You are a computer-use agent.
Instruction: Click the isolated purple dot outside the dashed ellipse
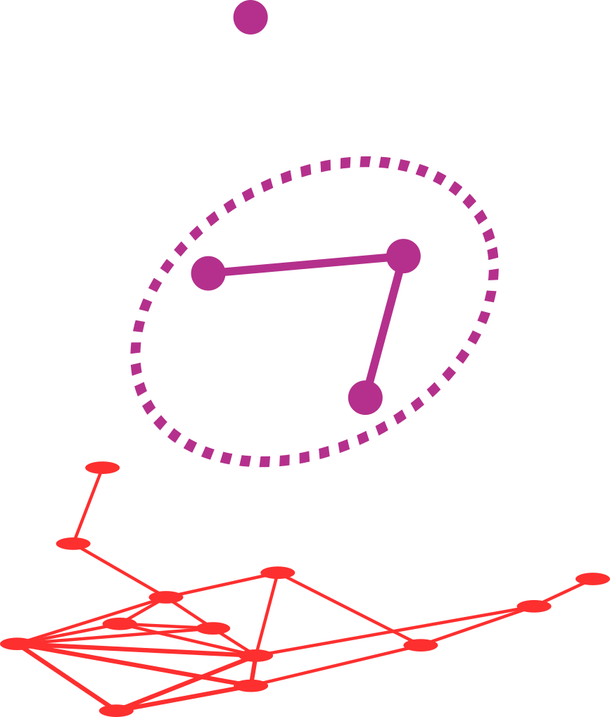[x=250, y=17]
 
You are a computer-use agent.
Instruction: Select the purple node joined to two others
[x=403, y=256]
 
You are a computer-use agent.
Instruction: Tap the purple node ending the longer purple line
[x=208, y=273]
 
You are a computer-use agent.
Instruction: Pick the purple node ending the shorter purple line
[x=365, y=398]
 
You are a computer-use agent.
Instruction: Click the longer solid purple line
[x=305, y=264]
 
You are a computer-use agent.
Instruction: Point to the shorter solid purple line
[x=384, y=327]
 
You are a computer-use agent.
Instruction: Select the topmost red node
[x=103, y=468]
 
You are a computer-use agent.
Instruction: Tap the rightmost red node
[x=592, y=579]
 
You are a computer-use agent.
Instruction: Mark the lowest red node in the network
[x=116, y=710]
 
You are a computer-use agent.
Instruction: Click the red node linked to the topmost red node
[x=73, y=544]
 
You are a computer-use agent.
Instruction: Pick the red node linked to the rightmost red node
[x=533, y=606]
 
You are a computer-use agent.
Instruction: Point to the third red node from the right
[x=421, y=645]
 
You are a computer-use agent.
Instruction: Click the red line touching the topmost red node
[x=88, y=506]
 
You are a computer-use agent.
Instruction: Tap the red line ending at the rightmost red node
[x=563, y=592]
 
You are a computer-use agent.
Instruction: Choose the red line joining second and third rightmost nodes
[x=477, y=625]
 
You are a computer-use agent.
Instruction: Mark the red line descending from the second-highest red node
[x=120, y=571]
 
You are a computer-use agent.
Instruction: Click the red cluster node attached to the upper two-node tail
[x=166, y=598]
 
